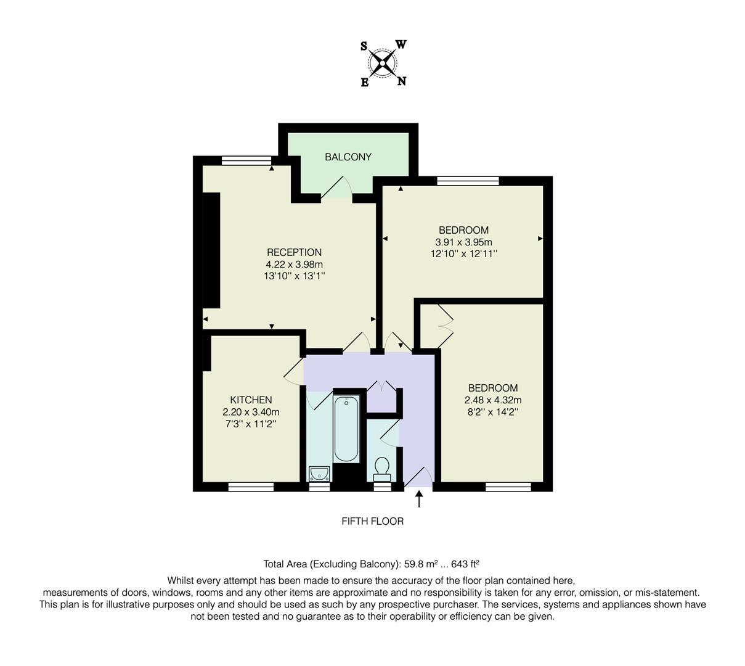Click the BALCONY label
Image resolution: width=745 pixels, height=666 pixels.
point(348,157)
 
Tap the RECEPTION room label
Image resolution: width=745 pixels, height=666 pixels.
point(294,252)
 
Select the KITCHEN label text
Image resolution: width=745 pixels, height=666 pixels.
point(251,400)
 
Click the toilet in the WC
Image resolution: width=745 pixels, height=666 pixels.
point(382,469)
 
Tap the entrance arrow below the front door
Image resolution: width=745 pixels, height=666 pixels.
point(420,498)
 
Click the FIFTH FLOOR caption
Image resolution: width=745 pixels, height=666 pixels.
point(372,522)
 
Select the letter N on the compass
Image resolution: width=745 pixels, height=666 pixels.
point(401,81)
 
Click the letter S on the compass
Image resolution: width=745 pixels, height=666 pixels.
point(364,46)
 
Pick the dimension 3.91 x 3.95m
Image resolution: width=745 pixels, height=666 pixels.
point(463,242)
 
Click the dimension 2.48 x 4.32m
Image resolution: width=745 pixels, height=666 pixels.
point(493,400)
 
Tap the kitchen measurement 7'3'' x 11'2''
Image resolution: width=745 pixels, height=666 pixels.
point(251,424)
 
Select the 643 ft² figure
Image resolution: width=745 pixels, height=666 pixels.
point(465,564)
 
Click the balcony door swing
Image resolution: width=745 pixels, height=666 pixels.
point(336,187)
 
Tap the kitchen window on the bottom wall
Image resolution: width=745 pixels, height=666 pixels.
point(251,487)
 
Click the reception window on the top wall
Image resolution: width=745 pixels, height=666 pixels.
point(246,161)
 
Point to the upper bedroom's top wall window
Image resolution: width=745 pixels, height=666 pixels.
point(468,181)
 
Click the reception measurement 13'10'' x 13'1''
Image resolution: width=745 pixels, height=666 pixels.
point(294,276)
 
